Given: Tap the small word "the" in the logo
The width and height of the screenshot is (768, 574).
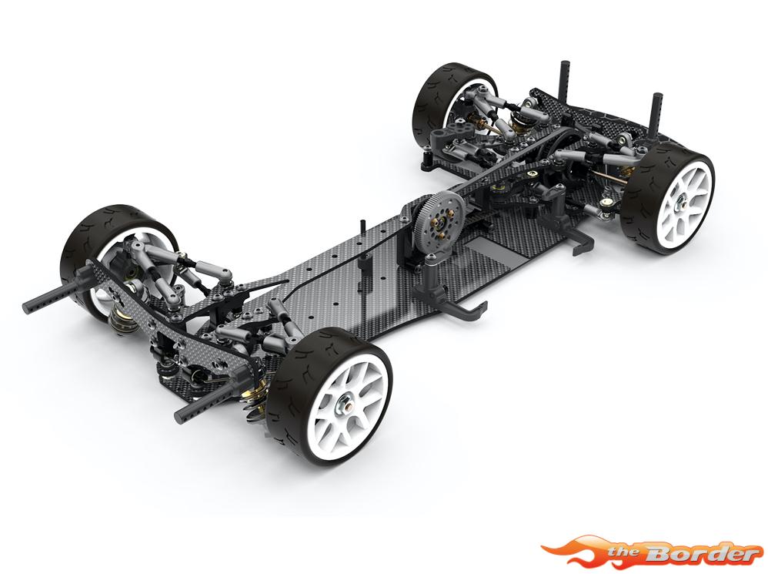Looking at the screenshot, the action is pyautogui.click(x=625, y=553).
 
